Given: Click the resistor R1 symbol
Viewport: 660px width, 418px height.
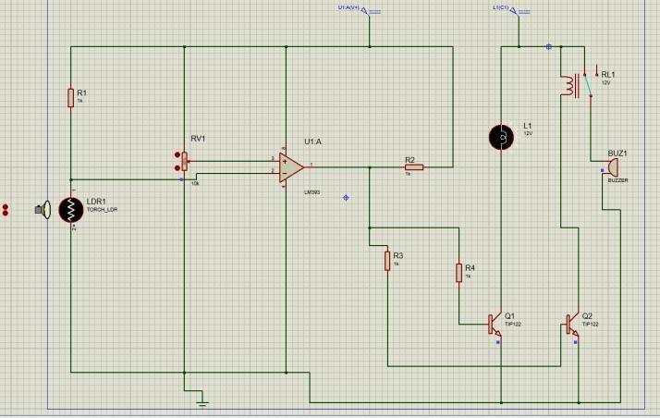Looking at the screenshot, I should click(x=70, y=98).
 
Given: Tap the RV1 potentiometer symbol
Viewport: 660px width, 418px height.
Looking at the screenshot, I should click(x=185, y=162).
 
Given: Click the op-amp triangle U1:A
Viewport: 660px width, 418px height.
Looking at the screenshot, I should click(x=292, y=166).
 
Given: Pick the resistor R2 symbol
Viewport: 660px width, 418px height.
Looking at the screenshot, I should click(x=413, y=167).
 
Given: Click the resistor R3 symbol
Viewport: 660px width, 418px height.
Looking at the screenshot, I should click(x=387, y=261).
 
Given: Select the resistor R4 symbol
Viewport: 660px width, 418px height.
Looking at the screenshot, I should click(x=458, y=272).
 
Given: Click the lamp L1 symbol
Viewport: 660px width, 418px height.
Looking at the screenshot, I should click(x=502, y=137).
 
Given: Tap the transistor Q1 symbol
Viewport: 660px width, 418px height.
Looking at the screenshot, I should click(x=495, y=324).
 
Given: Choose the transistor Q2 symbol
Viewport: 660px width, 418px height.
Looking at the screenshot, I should click(x=571, y=324).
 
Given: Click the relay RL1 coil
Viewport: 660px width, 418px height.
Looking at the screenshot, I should click(x=565, y=84).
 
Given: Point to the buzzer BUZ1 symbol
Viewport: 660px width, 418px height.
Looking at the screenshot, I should click(x=609, y=167).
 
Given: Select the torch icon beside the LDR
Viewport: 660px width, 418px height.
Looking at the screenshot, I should click(x=42, y=209).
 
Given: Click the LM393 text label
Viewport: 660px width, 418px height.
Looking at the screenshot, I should click(x=312, y=191).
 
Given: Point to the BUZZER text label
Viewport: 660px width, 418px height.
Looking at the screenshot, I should click(x=617, y=180).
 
